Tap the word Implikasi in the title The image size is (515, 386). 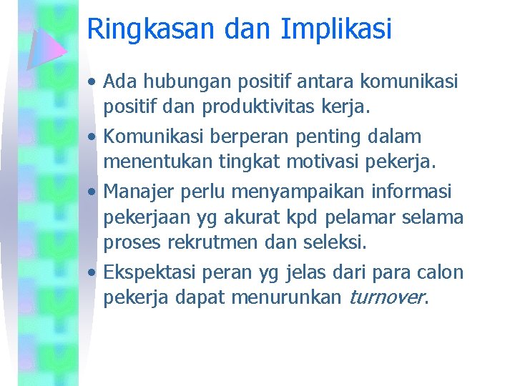pos(336,29)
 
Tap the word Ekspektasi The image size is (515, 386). pos(150,272)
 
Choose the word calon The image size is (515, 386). pos(441,272)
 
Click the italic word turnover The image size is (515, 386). pos(386,297)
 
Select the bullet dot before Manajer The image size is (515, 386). pos(92,192)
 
